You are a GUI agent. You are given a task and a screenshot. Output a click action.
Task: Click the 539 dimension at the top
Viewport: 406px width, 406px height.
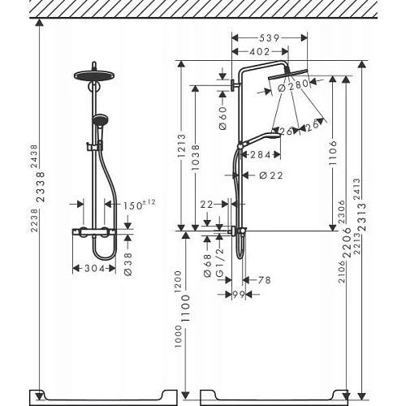click(x=270, y=37)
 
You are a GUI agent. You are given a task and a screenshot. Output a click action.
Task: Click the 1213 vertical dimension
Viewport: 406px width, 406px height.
click(x=182, y=149)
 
